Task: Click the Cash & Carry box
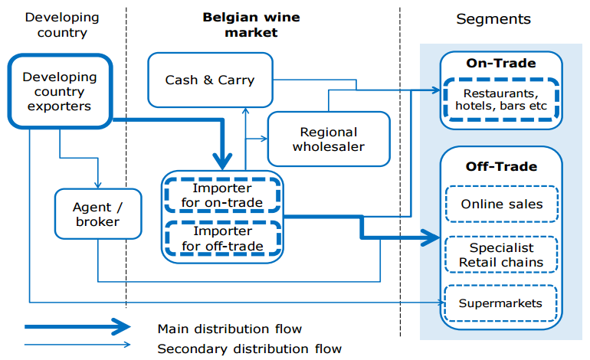210,80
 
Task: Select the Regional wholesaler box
329,139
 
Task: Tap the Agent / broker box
98,214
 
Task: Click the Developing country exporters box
60,91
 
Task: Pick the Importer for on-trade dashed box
222,195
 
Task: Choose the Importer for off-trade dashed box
223,238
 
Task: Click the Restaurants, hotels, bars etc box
501,100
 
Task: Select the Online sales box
502,204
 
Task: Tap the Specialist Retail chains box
501,254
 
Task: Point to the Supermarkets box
500,303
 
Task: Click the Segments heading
493,19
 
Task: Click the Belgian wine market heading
251,25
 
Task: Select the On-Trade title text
501,64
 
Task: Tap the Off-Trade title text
501,167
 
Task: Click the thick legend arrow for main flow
77,326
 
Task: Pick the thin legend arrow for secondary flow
77,344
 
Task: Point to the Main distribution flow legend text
230,329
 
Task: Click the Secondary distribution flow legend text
250,349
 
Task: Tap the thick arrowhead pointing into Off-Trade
431,237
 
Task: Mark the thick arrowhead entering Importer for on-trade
222,162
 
